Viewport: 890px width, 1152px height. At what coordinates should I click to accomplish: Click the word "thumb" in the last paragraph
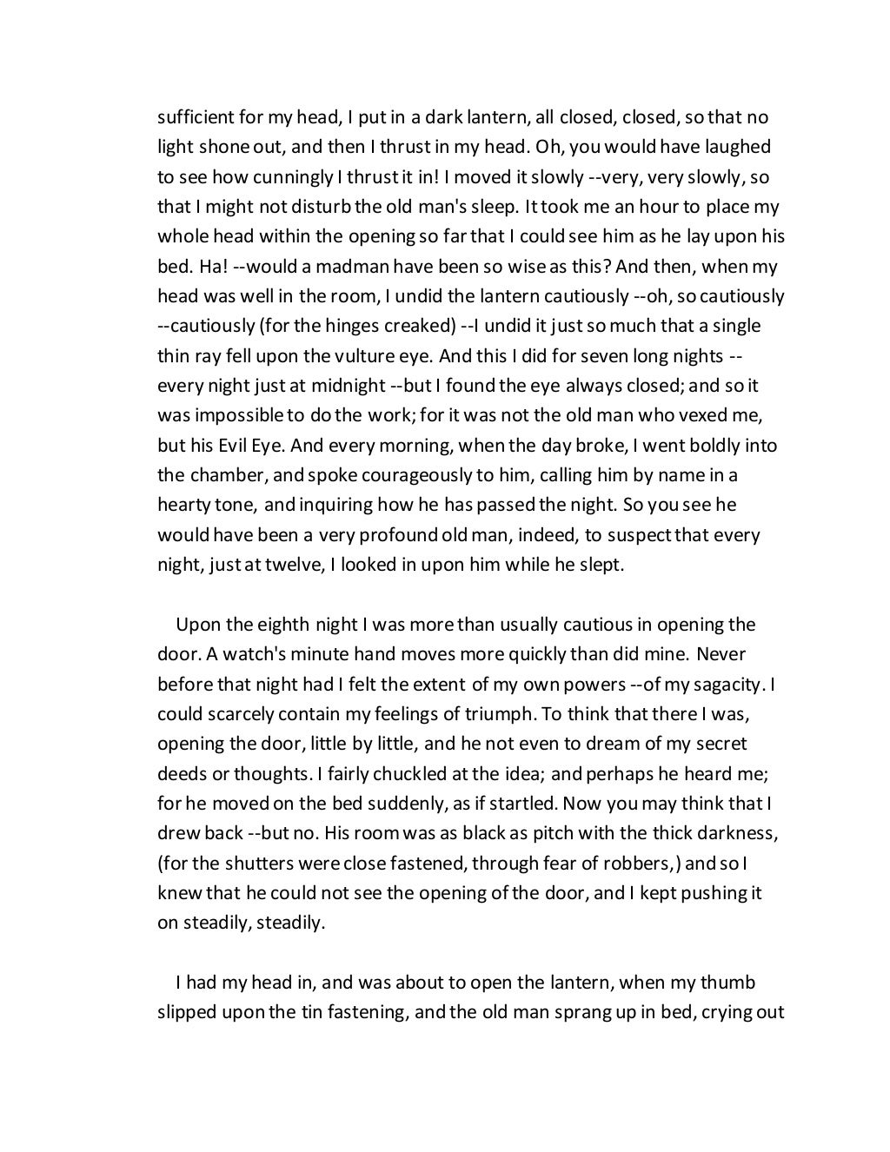731,983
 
